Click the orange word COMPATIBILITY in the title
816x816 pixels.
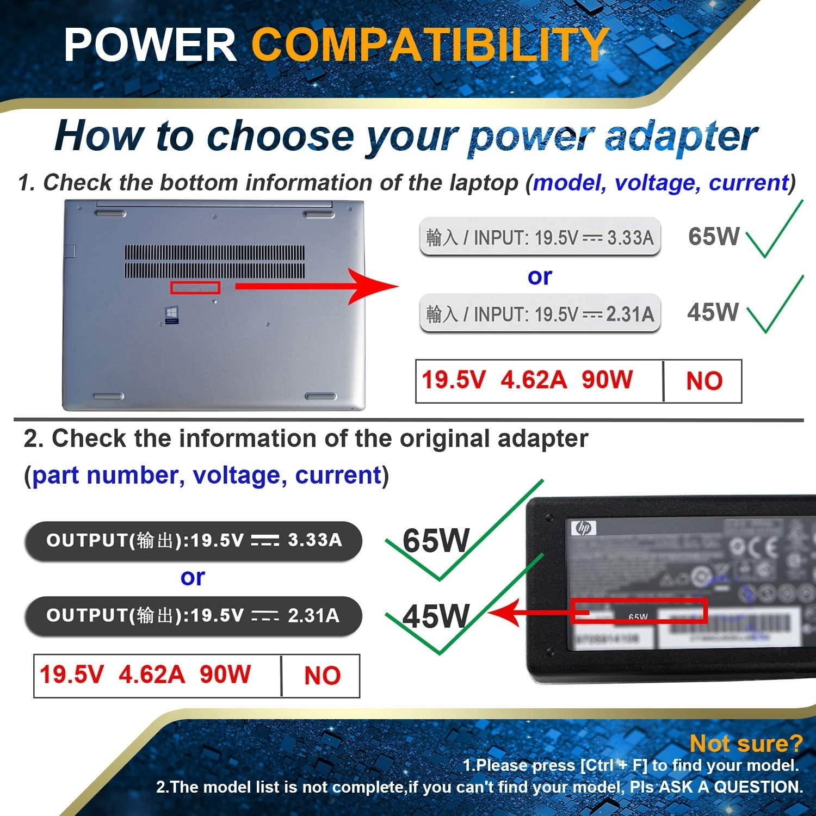click(x=430, y=45)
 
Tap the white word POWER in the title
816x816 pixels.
click(x=150, y=45)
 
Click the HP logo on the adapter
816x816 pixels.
click(x=584, y=528)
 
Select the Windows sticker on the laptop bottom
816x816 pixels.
click(x=172, y=315)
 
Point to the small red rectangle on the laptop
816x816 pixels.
click(x=195, y=287)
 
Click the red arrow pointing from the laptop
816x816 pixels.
click(x=321, y=286)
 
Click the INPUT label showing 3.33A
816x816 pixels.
click(x=540, y=237)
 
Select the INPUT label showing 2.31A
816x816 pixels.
click(x=540, y=313)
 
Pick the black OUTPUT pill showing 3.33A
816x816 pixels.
click(x=193, y=540)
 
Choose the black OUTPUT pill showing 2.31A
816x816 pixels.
click(x=193, y=616)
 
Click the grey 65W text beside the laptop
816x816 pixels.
click(x=713, y=236)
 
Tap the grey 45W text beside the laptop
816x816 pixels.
click(x=713, y=312)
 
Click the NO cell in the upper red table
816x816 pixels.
click(x=704, y=381)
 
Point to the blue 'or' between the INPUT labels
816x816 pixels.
click(x=540, y=277)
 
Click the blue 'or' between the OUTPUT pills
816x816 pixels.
click(x=193, y=577)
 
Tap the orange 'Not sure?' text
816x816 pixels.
click(x=746, y=743)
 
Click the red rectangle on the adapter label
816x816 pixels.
click(x=639, y=611)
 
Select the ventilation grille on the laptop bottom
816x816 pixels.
click(x=215, y=261)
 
